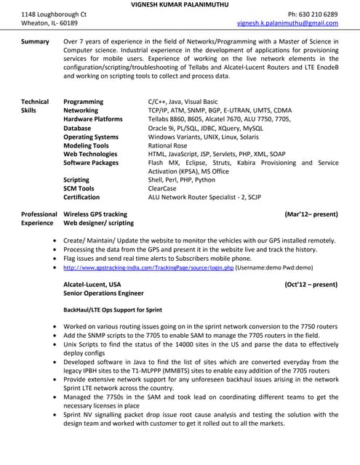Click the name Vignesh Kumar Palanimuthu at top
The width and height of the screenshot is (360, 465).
(180, 4)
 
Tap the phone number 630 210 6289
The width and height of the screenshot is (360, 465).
(312, 15)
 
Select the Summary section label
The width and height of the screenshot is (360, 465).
(35, 42)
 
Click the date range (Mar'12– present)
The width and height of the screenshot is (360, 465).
(311, 214)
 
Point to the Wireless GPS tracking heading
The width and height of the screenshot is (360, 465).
(95, 214)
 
